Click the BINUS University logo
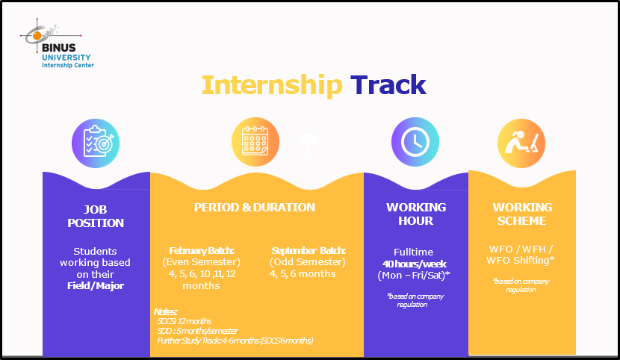coord(57,43)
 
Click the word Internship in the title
coord(272,85)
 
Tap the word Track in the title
coord(388,84)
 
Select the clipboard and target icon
coord(96,143)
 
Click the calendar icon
coord(255,141)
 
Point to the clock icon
coord(415,141)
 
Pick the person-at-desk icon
coord(521,143)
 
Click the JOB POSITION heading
coord(96,216)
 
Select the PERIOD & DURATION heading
coord(255,208)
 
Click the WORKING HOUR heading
coord(416,214)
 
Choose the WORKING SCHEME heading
coord(522,214)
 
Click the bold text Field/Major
coord(96,286)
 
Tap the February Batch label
coord(202,250)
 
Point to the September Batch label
coord(309,250)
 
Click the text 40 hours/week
coord(414,264)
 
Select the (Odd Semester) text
coord(308,262)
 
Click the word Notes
coord(165,311)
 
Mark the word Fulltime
coord(414,252)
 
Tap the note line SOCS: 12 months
coord(185,321)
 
